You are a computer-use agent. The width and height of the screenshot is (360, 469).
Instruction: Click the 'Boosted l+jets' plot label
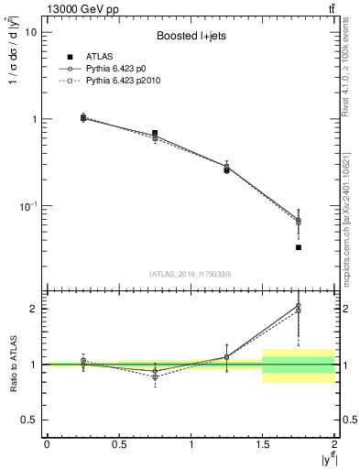coord(188,37)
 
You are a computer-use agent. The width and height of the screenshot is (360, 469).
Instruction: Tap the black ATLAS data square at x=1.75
coord(299,247)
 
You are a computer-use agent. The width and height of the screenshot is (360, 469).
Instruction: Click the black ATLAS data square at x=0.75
coord(155,134)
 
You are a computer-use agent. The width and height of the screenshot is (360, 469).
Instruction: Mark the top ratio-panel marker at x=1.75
coord(299,306)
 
